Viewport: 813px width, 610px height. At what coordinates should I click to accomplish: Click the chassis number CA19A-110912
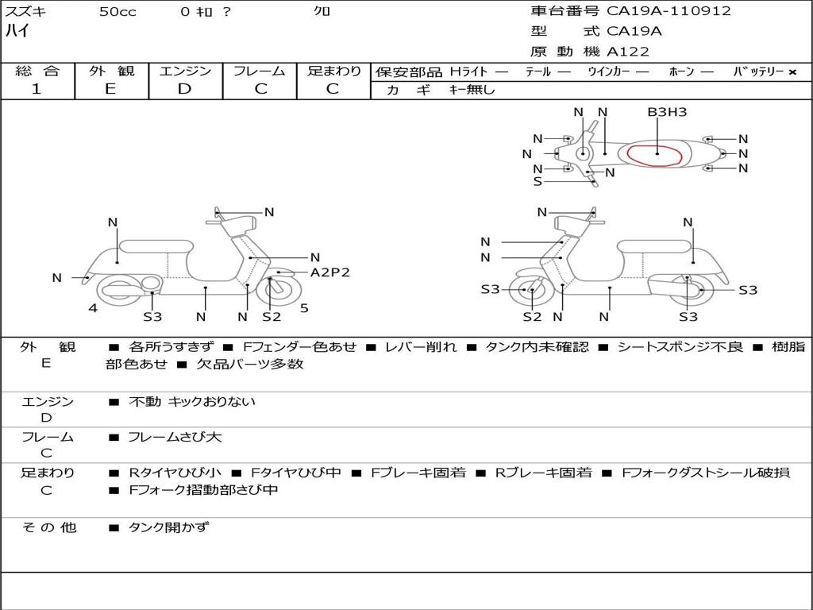669,11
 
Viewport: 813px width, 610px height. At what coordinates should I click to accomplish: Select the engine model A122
628,52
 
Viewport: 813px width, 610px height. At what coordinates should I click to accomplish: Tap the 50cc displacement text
118,12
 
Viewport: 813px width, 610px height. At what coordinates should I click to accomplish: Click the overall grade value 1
37,89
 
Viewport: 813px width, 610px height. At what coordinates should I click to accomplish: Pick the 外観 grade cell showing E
110,89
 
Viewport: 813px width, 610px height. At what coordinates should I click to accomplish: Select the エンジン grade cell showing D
184,89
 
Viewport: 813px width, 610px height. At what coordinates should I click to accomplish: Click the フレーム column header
260,71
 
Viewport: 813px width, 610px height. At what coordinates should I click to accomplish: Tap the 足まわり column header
334,71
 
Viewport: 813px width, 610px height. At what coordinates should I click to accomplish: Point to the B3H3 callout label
667,112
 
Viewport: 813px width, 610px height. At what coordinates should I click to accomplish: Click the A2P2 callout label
329,272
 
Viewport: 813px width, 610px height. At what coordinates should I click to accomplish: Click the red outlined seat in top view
656,154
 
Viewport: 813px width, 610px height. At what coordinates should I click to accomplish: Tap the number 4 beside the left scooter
93,308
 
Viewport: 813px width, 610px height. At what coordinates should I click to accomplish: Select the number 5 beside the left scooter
304,308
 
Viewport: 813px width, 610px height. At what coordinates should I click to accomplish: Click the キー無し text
472,90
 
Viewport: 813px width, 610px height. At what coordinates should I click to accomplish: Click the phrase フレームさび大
175,437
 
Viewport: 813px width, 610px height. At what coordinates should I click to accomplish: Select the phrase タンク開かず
168,527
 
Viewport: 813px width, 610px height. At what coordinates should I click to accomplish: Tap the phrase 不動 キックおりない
192,402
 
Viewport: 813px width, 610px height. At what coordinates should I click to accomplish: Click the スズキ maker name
25,12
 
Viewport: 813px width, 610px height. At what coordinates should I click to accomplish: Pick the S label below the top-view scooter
538,181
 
